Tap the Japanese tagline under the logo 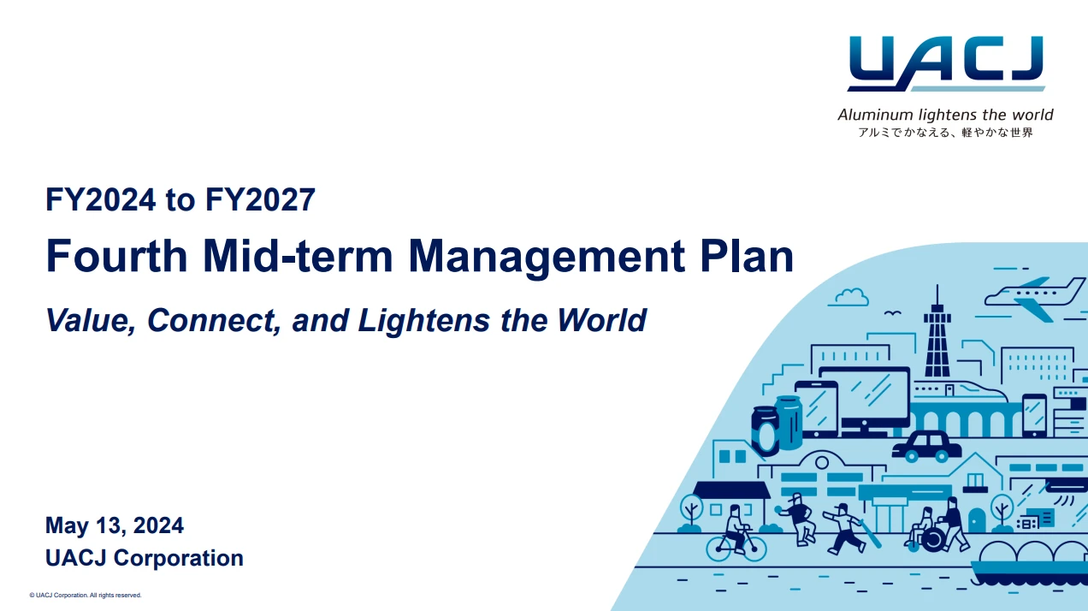(945, 133)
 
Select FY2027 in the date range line (260, 200)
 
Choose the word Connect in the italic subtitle (210, 320)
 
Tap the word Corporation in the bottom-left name (179, 558)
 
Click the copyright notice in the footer (86, 595)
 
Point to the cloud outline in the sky (849, 297)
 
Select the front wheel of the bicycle (753, 548)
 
